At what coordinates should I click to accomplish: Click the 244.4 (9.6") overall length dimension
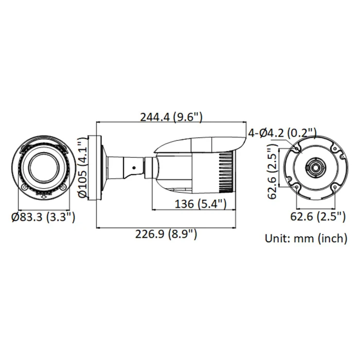click(x=171, y=116)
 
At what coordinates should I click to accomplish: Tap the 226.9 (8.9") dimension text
click(x=166, y=235)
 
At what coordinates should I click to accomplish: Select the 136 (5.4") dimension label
click(x=200, y=204)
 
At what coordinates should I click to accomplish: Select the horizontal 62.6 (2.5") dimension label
click(x=317, y=217)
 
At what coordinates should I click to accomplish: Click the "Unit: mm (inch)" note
click(x=305, y=238)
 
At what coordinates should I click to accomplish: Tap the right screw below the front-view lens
click(x=62, y=188)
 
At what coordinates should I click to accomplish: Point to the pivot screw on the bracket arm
click(x=136, y=166)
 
